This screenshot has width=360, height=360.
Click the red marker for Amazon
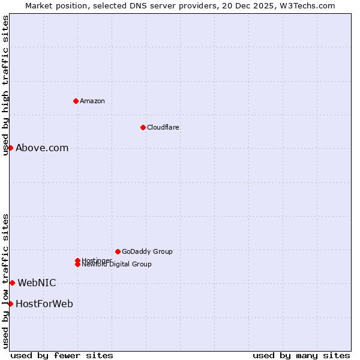point(76,101)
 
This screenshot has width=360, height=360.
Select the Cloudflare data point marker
point(143,127)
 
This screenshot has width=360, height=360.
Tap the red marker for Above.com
point(10,148)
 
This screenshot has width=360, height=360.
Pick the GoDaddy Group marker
point(118,251)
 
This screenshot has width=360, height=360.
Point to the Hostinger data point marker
point(77,260)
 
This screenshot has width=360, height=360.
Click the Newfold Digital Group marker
point(78,265)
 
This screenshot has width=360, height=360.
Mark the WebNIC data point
point(12,283)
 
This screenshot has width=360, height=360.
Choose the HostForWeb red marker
point(10,304)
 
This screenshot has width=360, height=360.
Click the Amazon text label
point(92,101)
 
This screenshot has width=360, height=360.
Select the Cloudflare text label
point(163,127)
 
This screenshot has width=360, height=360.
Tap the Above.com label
point(42,148)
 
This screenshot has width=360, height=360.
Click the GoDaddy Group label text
point(147,251)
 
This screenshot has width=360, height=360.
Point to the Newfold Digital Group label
point(117,265)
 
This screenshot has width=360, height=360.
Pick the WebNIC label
point(37,283)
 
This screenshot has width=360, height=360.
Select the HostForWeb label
point(44,304)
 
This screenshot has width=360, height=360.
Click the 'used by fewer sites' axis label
point(62,355)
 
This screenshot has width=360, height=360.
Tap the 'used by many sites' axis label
point(301,355)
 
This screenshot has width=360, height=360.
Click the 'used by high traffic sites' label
point(6,85)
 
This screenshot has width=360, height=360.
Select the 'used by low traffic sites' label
point(6,281)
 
